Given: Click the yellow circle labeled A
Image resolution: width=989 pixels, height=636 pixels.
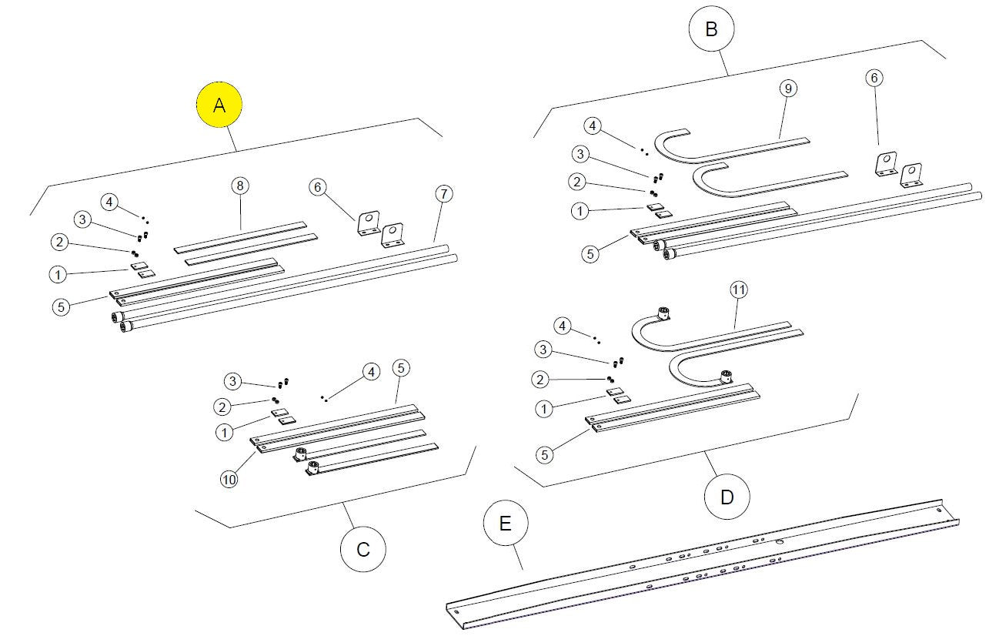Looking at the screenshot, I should pos(219,105).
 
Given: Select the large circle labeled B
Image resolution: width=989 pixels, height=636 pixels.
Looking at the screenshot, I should pos(711,29).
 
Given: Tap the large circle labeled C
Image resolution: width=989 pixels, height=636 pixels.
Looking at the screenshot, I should pos(363,549).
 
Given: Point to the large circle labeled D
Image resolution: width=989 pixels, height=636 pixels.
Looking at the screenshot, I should pos(727,497).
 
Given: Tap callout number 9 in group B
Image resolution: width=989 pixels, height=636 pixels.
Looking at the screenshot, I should pos(787,88).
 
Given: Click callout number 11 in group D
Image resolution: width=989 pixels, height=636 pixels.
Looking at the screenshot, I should pos(738,290).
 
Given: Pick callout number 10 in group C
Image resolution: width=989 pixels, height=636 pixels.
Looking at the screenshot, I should pos(229,478).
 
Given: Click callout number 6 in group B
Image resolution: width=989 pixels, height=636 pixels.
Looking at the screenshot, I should pos(874,78).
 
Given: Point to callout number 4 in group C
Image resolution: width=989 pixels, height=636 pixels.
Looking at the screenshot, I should pos(371,371).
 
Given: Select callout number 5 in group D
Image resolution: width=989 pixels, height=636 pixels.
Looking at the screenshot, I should pos(545,454).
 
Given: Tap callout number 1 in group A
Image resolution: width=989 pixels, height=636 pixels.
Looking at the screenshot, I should pos(57,273).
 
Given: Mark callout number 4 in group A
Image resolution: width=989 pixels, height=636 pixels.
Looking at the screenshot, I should pos(111,203).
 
